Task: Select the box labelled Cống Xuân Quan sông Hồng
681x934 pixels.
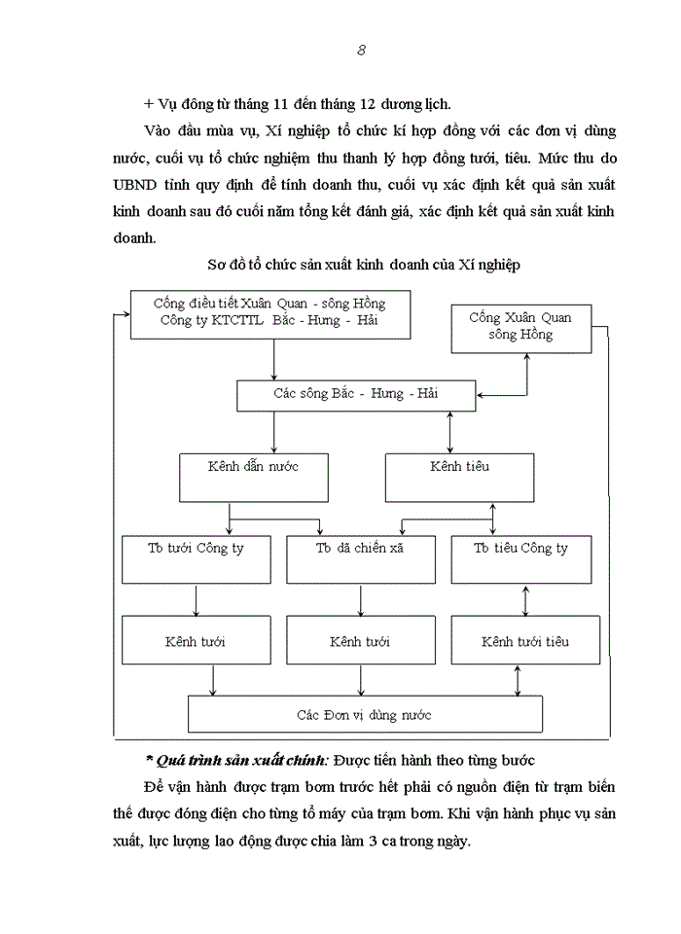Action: click(520, 326)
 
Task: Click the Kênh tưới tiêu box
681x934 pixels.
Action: click(524, 642)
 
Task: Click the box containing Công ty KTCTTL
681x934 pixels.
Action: click(269, 313)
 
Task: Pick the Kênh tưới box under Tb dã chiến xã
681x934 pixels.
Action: click(360, 642)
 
